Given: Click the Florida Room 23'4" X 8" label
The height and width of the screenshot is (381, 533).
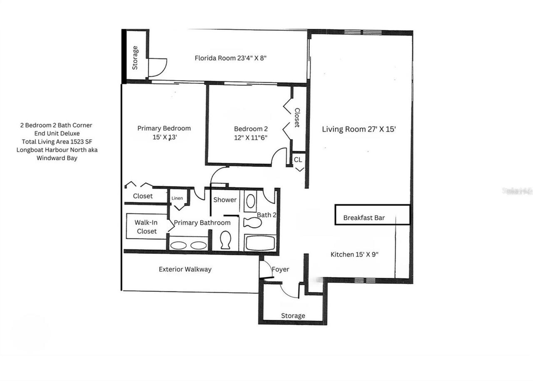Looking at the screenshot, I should [230, 58].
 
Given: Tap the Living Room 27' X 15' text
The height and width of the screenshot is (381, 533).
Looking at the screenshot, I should [358, 129].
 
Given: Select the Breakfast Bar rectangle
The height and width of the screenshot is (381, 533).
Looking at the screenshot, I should [372, 215].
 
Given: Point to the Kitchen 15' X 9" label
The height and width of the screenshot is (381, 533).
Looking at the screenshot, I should [354, 254].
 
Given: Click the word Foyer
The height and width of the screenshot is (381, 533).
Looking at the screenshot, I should [280, 270].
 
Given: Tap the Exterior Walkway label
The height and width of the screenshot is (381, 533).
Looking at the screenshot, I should [185, 269].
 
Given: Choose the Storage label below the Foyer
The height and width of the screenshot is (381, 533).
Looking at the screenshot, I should [293, 316].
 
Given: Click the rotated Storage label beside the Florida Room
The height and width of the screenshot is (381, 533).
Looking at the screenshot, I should [135, 58].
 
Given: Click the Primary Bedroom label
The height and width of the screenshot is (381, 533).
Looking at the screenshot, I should [164, 128].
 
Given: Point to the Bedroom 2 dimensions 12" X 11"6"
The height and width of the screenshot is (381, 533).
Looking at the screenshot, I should [251, 138].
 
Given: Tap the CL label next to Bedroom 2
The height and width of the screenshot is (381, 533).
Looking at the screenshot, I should [298, 160].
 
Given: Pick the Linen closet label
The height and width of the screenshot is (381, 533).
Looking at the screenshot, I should [177, 198].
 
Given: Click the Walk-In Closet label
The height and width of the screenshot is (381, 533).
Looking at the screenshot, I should [146, 227].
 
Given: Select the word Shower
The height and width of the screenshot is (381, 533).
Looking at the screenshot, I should [225, 200].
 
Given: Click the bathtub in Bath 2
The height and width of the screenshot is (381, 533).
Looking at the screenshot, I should [260, 243].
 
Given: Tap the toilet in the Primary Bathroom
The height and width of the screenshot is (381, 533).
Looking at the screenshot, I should [225, 240].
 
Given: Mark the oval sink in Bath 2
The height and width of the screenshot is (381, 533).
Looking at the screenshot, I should [251, 201].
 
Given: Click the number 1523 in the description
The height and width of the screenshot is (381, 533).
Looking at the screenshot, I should [74, 141].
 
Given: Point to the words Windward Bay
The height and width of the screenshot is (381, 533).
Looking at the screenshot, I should [57, 158].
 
